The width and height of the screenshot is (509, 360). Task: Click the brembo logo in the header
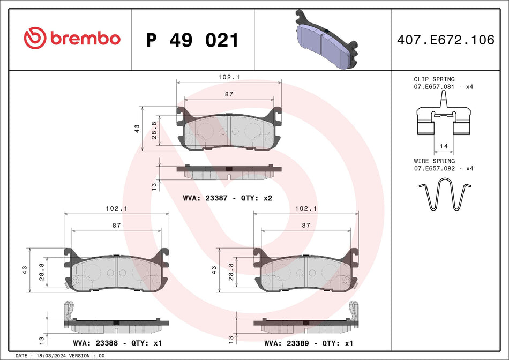click(72, 39)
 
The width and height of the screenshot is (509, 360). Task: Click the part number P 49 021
click(192, 40)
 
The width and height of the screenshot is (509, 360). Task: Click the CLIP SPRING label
click(434, 79)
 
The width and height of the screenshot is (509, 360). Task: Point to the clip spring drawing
click(444, 119)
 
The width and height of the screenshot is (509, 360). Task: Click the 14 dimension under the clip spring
click(444, 146)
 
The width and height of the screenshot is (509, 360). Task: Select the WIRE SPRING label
click(434, 161)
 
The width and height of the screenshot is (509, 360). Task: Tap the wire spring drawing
click(444, 196)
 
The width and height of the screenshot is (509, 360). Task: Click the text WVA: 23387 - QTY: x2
click(228, 198)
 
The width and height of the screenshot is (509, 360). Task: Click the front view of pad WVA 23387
click(229, 130)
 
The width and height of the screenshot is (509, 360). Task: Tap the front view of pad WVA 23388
click(116, 271)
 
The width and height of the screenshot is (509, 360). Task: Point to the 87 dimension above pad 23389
click(305, 226)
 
